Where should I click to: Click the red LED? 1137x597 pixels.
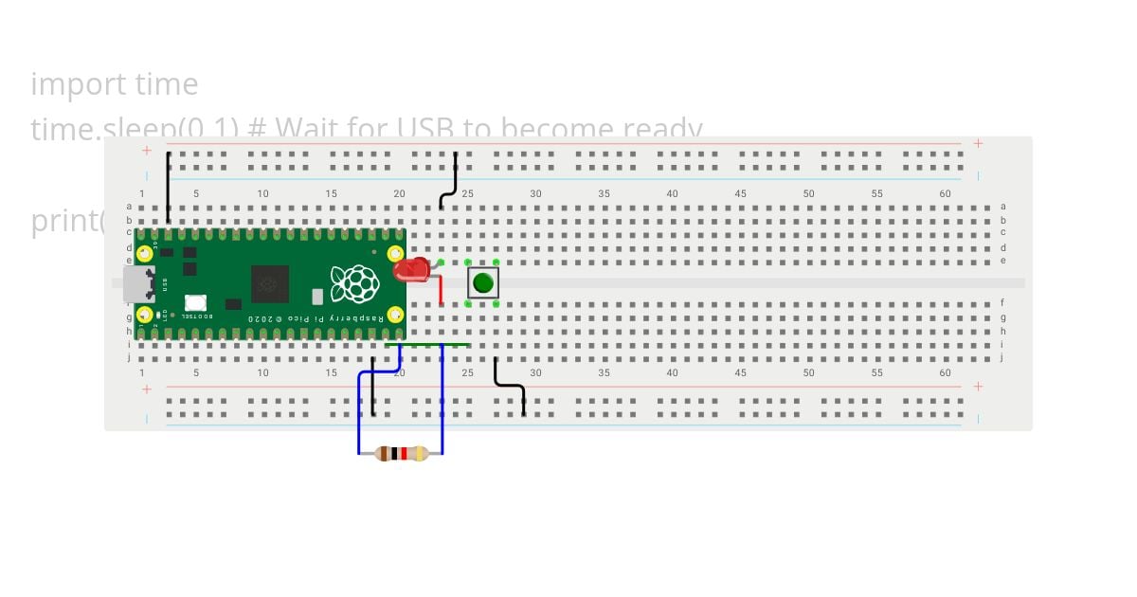(411, 270)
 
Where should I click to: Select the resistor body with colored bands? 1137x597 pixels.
(402, 454)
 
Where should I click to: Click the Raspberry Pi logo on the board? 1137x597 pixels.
(354, 282)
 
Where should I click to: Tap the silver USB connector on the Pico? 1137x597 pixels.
(138, 283)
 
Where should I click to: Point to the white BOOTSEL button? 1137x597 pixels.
(196, 303)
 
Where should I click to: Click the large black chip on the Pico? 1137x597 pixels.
(269, 283)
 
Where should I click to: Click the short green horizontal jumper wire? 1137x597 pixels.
(427, 345)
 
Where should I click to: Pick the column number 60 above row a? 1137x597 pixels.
(945, 194)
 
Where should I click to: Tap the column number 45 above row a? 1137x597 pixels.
(740, 194)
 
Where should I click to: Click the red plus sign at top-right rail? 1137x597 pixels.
(978, 144)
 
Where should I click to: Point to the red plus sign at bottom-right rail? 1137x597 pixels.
(978, 387)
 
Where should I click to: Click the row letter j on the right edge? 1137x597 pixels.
(1002, 358)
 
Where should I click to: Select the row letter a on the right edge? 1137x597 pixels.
(1002, 207)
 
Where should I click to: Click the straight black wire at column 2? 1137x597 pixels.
(169, 187)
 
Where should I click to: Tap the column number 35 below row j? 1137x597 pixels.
(604, 372)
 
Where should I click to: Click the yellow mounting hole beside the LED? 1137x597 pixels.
(395, 254)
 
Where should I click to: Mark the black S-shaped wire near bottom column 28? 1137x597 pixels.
(510, 386)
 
